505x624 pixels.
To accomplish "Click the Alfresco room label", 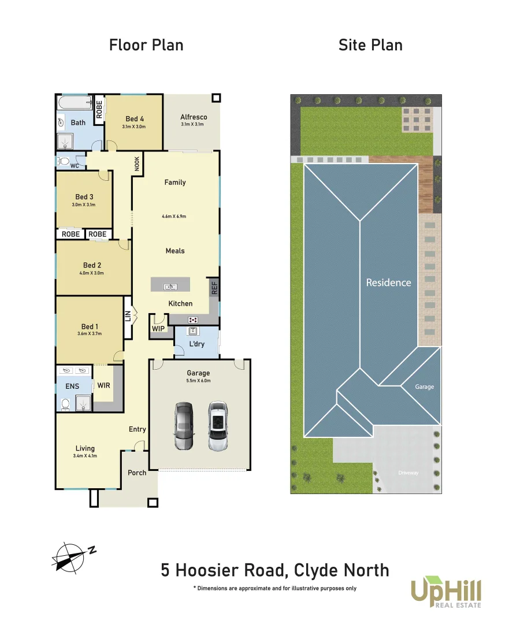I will point(194,117).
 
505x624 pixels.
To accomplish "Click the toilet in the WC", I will point(64,161).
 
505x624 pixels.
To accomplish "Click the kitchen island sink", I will point(170,285).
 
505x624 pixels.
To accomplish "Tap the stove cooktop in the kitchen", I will point(193,320).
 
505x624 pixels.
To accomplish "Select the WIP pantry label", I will point(158,329).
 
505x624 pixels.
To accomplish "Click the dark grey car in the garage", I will point(184,425).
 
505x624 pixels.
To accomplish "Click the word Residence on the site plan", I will point(388,283).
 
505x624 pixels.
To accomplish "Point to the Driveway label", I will point(408,473).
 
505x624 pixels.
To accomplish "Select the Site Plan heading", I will point(370,45).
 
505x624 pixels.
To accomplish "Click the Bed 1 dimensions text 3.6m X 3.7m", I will point(90,334).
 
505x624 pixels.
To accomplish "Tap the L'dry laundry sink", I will point(194,331).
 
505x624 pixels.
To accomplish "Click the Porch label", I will point(137,473).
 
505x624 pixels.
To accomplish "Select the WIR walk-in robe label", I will point(105,385).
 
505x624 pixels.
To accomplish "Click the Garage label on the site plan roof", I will point(424,387).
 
